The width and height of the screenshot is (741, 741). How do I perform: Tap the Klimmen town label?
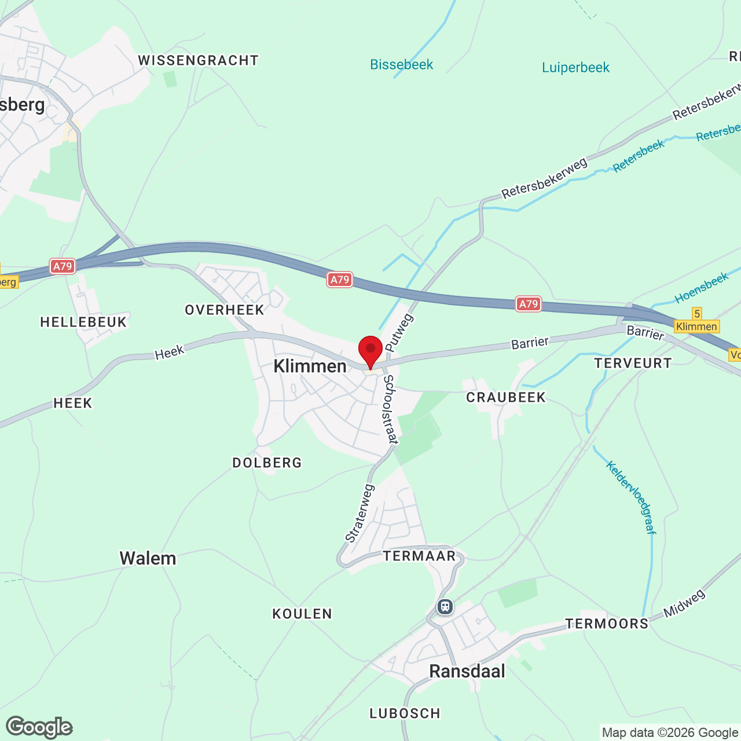pos(310,366)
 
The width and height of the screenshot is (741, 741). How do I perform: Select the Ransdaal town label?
pos(467,671)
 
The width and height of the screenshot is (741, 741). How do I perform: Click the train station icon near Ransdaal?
pos(445,607)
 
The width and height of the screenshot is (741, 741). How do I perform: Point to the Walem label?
pos(148,558)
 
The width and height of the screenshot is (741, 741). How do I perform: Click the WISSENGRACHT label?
pos(198,60)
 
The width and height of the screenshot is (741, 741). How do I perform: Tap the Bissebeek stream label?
pos(402,64)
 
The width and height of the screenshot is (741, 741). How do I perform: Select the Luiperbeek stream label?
pos(575,68)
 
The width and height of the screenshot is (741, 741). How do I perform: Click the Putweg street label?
pos(399,333)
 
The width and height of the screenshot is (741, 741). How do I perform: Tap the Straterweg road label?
pos(360,513)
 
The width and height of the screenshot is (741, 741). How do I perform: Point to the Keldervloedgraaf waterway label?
pos(630,497)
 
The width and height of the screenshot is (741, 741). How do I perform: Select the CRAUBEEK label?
pos(506,397)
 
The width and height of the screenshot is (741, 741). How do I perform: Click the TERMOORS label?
pos(607,623)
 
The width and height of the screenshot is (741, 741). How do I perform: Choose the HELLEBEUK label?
pos(83,322)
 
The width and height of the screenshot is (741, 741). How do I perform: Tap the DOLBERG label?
pos(267,463)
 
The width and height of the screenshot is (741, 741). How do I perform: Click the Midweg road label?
pos(684,603)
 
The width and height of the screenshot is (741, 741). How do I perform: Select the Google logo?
pos(39,727)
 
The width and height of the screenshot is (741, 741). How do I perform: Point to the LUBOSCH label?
pos(405,713)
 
